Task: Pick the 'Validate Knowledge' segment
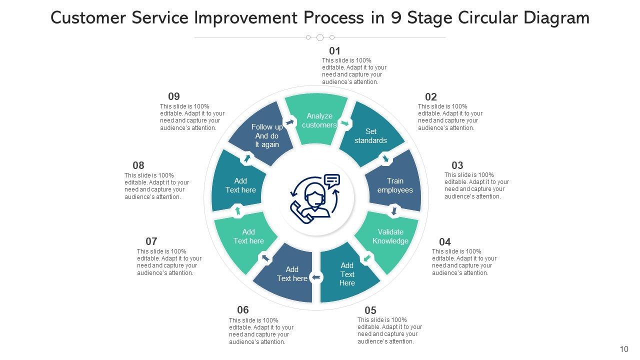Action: (388, 238)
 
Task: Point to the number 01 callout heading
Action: (334, 51)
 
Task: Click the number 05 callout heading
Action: (370, 310)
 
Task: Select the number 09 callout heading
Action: (173, 96)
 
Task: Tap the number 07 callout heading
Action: (151, 241)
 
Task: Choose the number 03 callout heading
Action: (457, 165)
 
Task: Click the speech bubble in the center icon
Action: (332, 179)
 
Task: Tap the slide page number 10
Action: (623, 349)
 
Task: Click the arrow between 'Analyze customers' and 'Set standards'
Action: (344, 123)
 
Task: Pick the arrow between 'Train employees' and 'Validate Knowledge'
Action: (394, 210)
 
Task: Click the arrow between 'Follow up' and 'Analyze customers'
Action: (289, 122)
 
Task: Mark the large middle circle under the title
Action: (320, 37)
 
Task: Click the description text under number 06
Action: (261, 331)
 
